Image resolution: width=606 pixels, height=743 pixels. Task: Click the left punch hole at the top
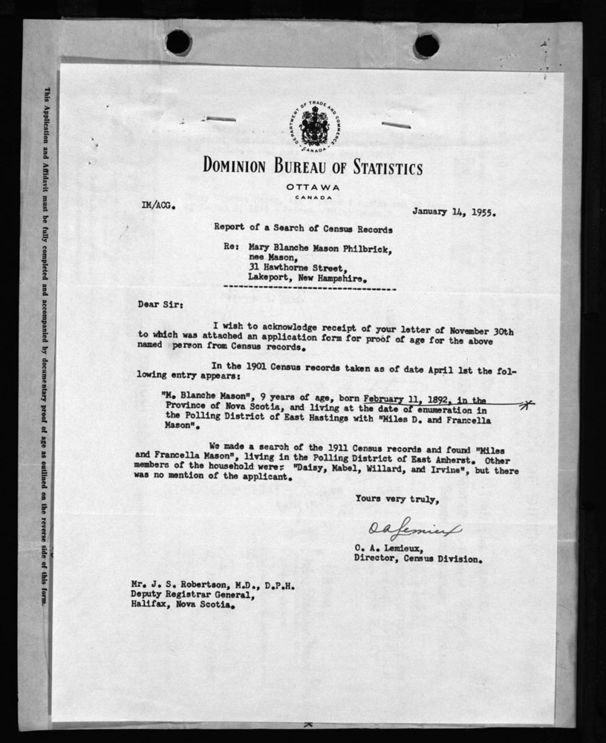[178, 42]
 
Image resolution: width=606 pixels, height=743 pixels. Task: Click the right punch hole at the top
[426, 45]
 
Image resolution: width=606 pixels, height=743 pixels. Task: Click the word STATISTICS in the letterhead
[377, 166]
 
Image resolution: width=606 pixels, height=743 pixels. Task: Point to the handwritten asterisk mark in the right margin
[527, 404]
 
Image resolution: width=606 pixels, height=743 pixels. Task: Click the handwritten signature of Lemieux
[414, 530]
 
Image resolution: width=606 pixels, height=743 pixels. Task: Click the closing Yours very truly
[397, 499]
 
